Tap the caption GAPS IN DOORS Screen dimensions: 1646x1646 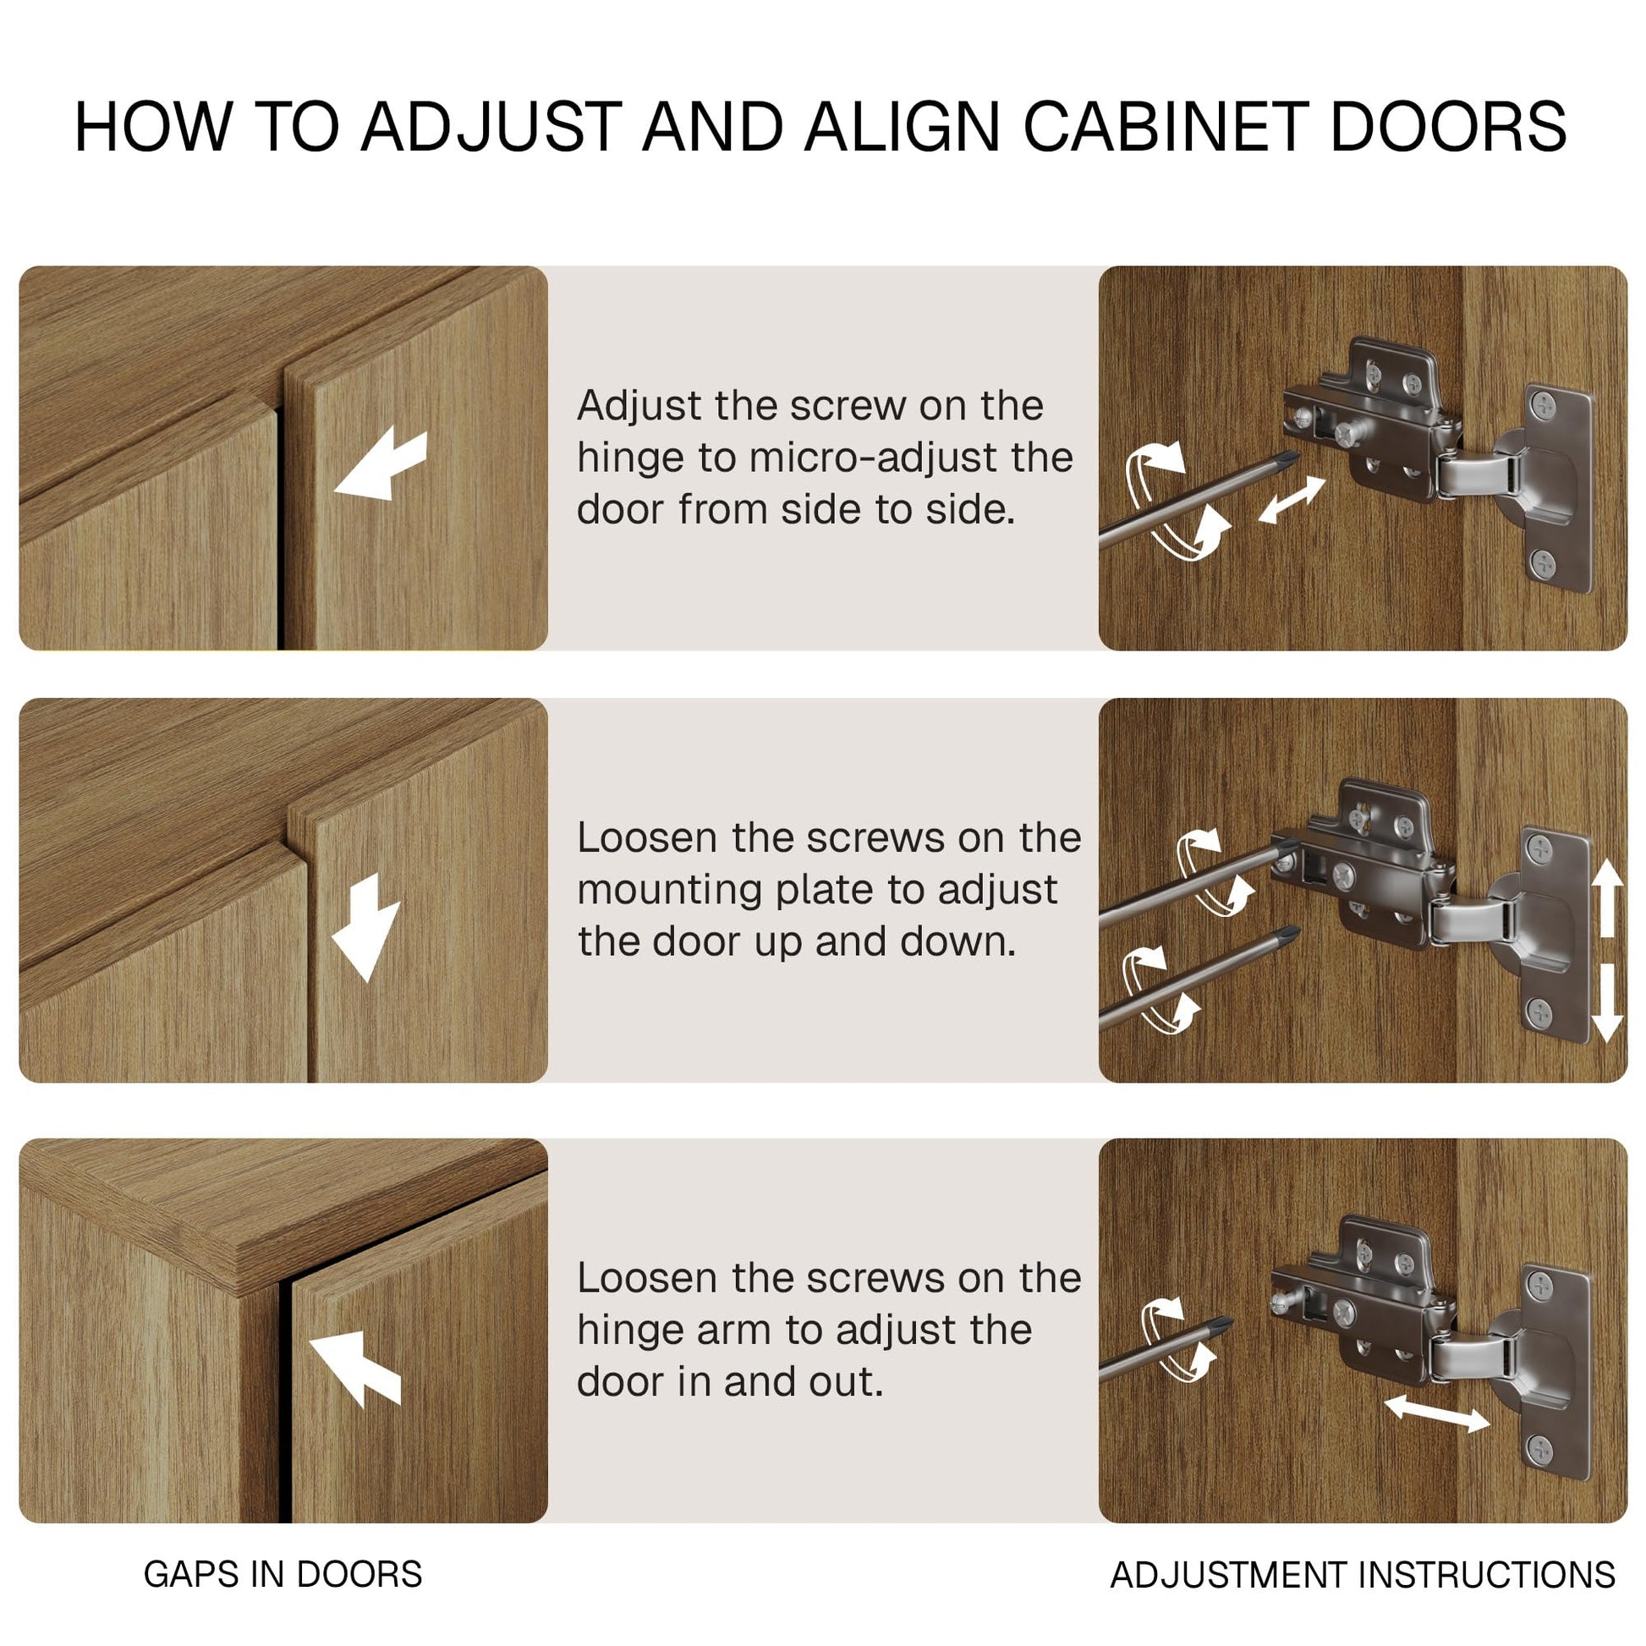283,1574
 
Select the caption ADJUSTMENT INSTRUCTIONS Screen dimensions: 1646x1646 1363,1575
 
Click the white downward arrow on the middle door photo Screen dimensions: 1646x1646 365,928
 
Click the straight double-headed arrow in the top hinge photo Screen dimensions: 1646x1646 1292,500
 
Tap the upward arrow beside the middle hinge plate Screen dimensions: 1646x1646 1606,897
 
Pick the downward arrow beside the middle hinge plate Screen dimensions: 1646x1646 1606,1003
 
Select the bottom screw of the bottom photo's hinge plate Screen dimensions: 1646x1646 1540,1449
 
